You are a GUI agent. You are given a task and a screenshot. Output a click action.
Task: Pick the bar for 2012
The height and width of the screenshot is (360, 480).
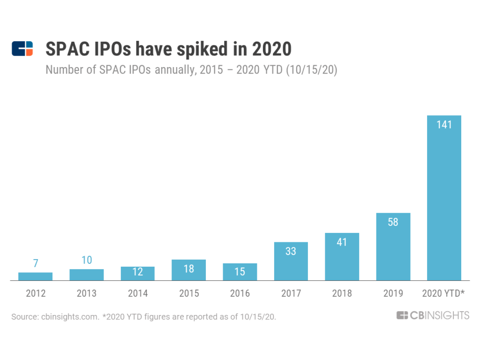tap(35, 276)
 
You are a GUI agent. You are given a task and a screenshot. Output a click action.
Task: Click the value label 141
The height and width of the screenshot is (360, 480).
tap(444, 125)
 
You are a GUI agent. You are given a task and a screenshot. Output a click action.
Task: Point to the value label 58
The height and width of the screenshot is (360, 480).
tap(393, 222)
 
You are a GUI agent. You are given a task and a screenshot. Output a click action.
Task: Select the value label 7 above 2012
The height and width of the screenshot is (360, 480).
tap(35, 263)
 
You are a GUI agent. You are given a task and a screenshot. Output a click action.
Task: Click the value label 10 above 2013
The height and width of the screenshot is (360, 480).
tap(86, 260)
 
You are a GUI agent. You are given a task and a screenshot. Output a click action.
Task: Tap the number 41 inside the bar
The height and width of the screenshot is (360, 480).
tap(342, 242)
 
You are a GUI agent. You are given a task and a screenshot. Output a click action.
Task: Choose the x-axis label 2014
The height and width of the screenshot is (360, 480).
tap(137, 293)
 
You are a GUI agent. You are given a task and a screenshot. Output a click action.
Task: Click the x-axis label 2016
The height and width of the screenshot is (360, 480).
tap(240, 293)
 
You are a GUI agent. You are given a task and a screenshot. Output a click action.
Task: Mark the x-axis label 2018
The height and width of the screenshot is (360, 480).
tap(342, 293)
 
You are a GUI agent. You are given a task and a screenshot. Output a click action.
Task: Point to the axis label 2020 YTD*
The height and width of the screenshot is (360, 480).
tap(443, 293)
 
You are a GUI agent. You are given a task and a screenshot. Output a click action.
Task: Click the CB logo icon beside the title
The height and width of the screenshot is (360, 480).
tap(22, 49)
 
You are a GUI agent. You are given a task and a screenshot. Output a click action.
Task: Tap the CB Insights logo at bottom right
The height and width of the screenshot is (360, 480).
tap(432, 315)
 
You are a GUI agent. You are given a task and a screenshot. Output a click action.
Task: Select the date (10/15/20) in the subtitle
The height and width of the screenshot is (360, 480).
tap(312, 70)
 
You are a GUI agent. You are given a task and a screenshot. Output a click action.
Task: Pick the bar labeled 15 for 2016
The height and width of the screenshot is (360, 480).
tap(240, 272)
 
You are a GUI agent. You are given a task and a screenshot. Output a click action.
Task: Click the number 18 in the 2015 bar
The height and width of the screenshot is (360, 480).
tap(188, 269)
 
